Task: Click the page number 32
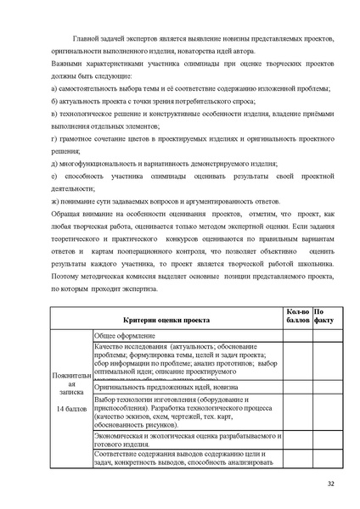330,484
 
